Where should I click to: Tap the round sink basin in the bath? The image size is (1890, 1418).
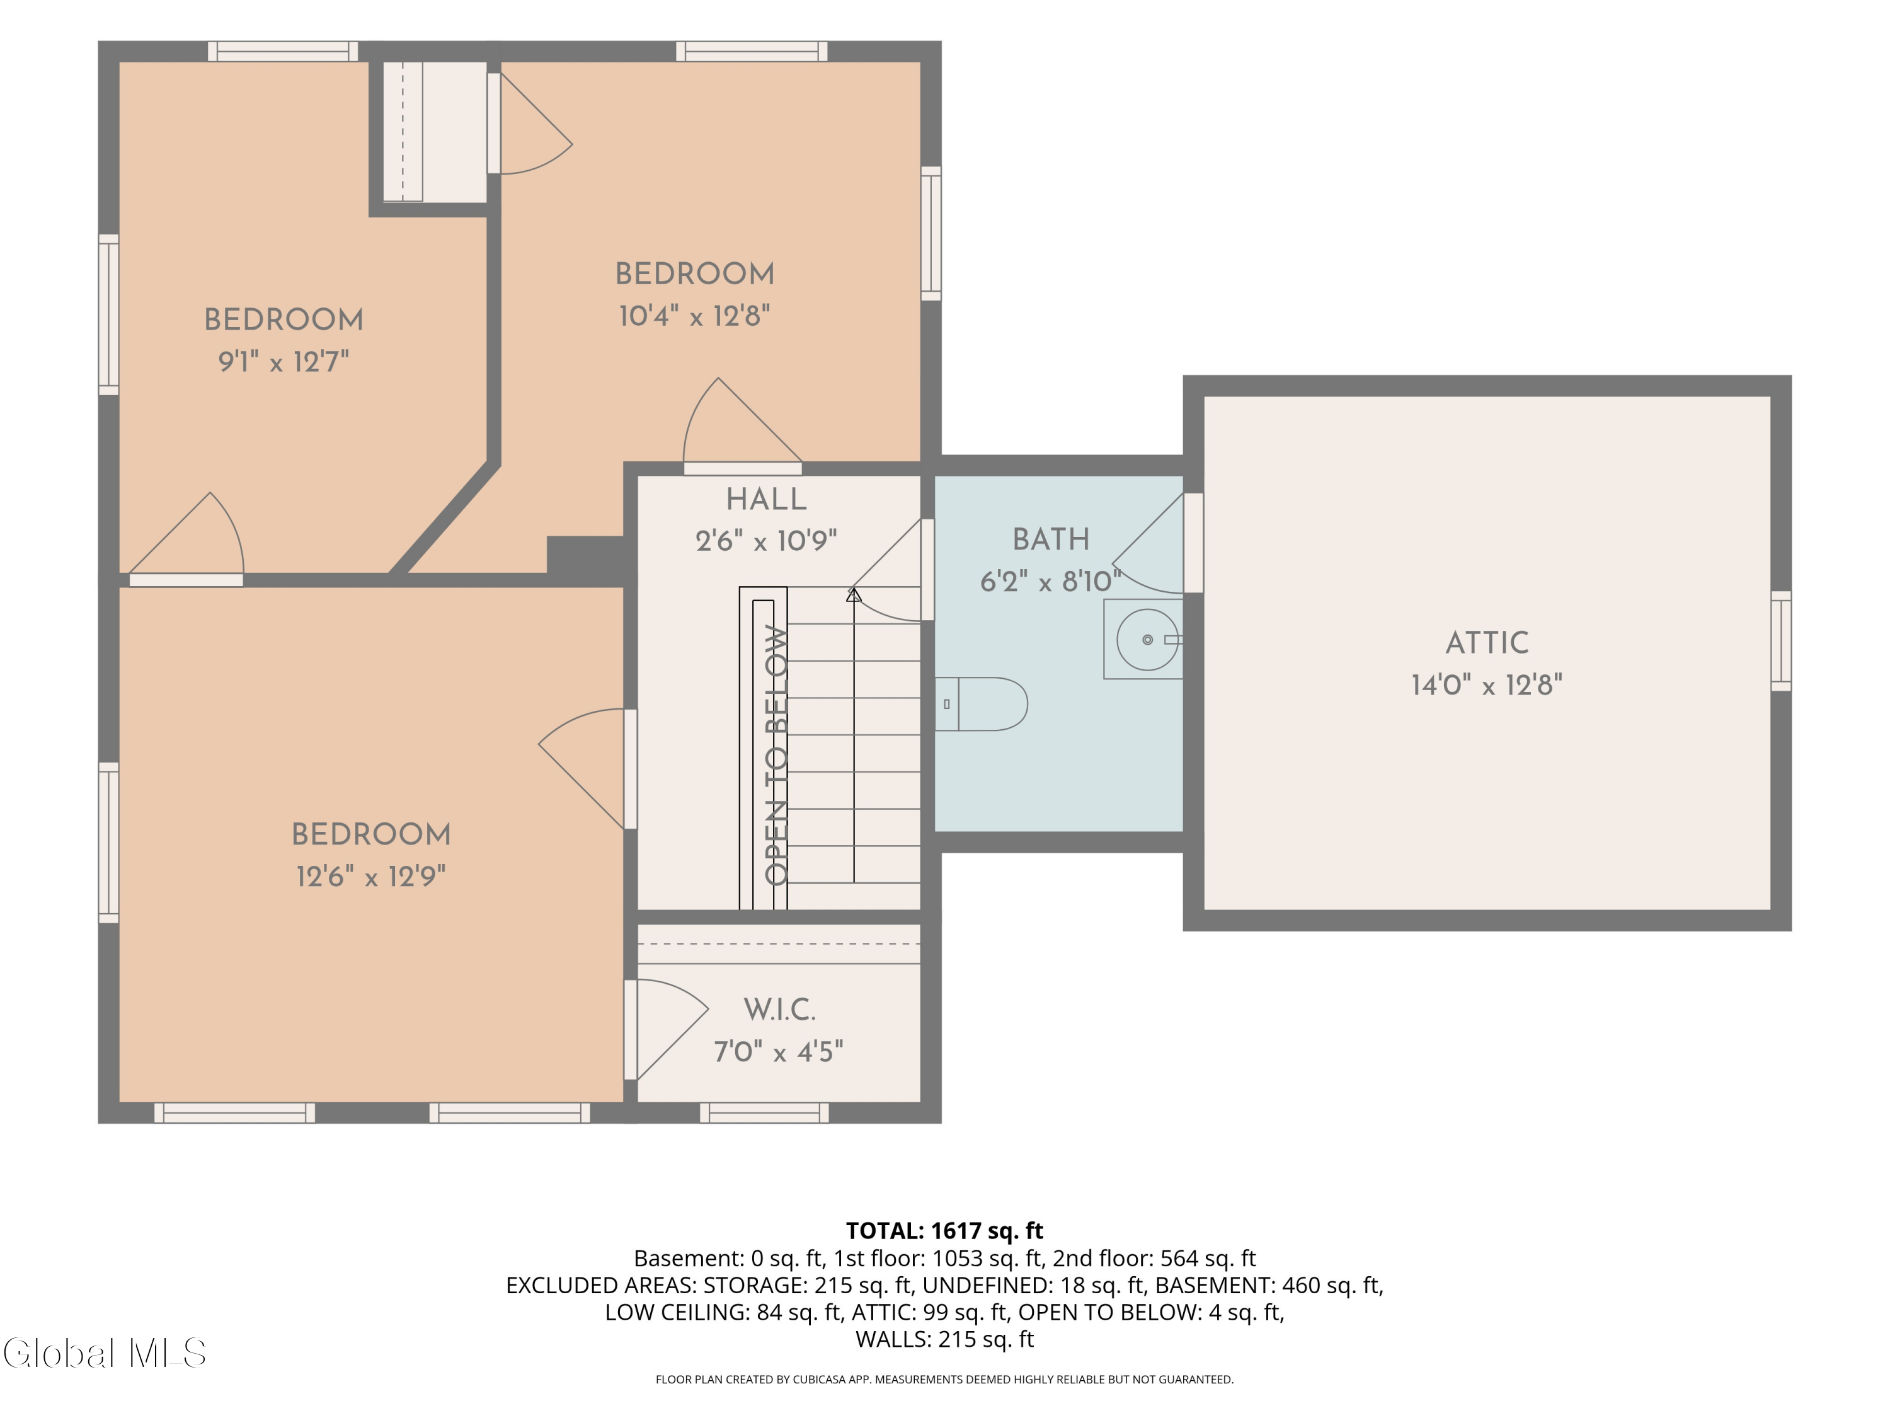tap(1147, 639)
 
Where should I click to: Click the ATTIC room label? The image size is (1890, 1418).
tap(1487, 643)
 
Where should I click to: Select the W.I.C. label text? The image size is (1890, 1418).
tap(779, 1010)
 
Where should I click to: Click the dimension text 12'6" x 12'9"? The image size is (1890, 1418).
tap(371, 876)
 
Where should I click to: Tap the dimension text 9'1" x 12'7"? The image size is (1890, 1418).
tap(283, 362)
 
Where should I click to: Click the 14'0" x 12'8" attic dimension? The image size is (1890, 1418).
tap(1487, 684)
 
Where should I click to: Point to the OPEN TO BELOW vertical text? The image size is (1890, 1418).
tap(776, 755)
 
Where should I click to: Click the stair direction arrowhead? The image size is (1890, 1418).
tap(854, 594)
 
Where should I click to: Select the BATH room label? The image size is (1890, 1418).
tap(1051, 539)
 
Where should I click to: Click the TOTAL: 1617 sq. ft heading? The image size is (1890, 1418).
tap(945, 1231)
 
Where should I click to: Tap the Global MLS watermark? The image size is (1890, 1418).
tap(104, 1353)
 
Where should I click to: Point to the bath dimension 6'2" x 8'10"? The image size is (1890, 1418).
tap(1051, 581)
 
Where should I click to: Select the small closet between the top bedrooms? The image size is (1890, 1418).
tap(434, 132)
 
